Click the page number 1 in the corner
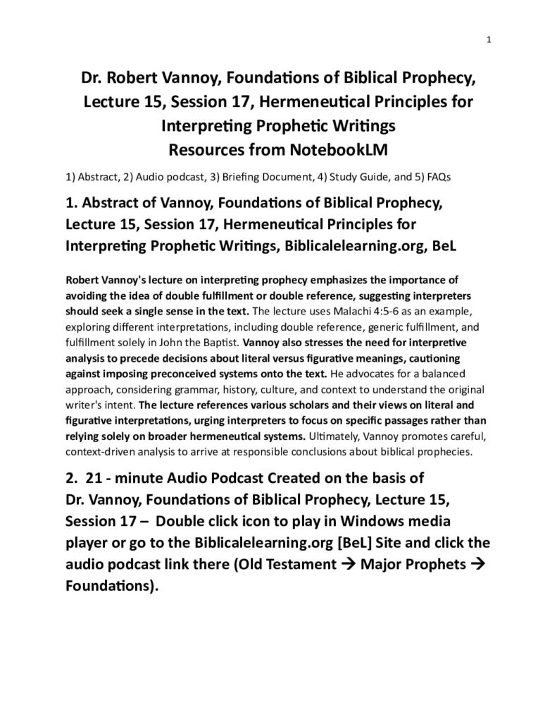coord(489,39)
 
